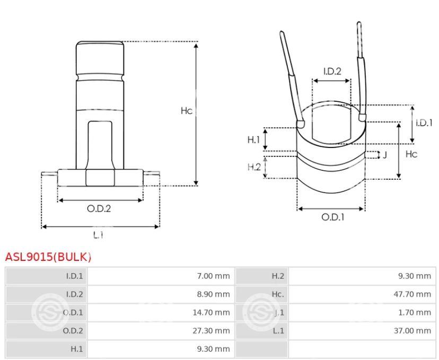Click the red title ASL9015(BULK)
click(48, 257)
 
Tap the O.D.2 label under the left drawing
click(99, 208)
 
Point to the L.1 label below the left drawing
click(98, 235)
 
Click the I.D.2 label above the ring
click(332, 72)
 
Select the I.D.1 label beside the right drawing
click(424, 122)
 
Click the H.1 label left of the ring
click(253, 139)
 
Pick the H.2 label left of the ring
click(254, 167)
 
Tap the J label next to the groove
click(384, 155)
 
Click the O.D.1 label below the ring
click(332, 217)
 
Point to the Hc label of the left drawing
click(187, 111)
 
